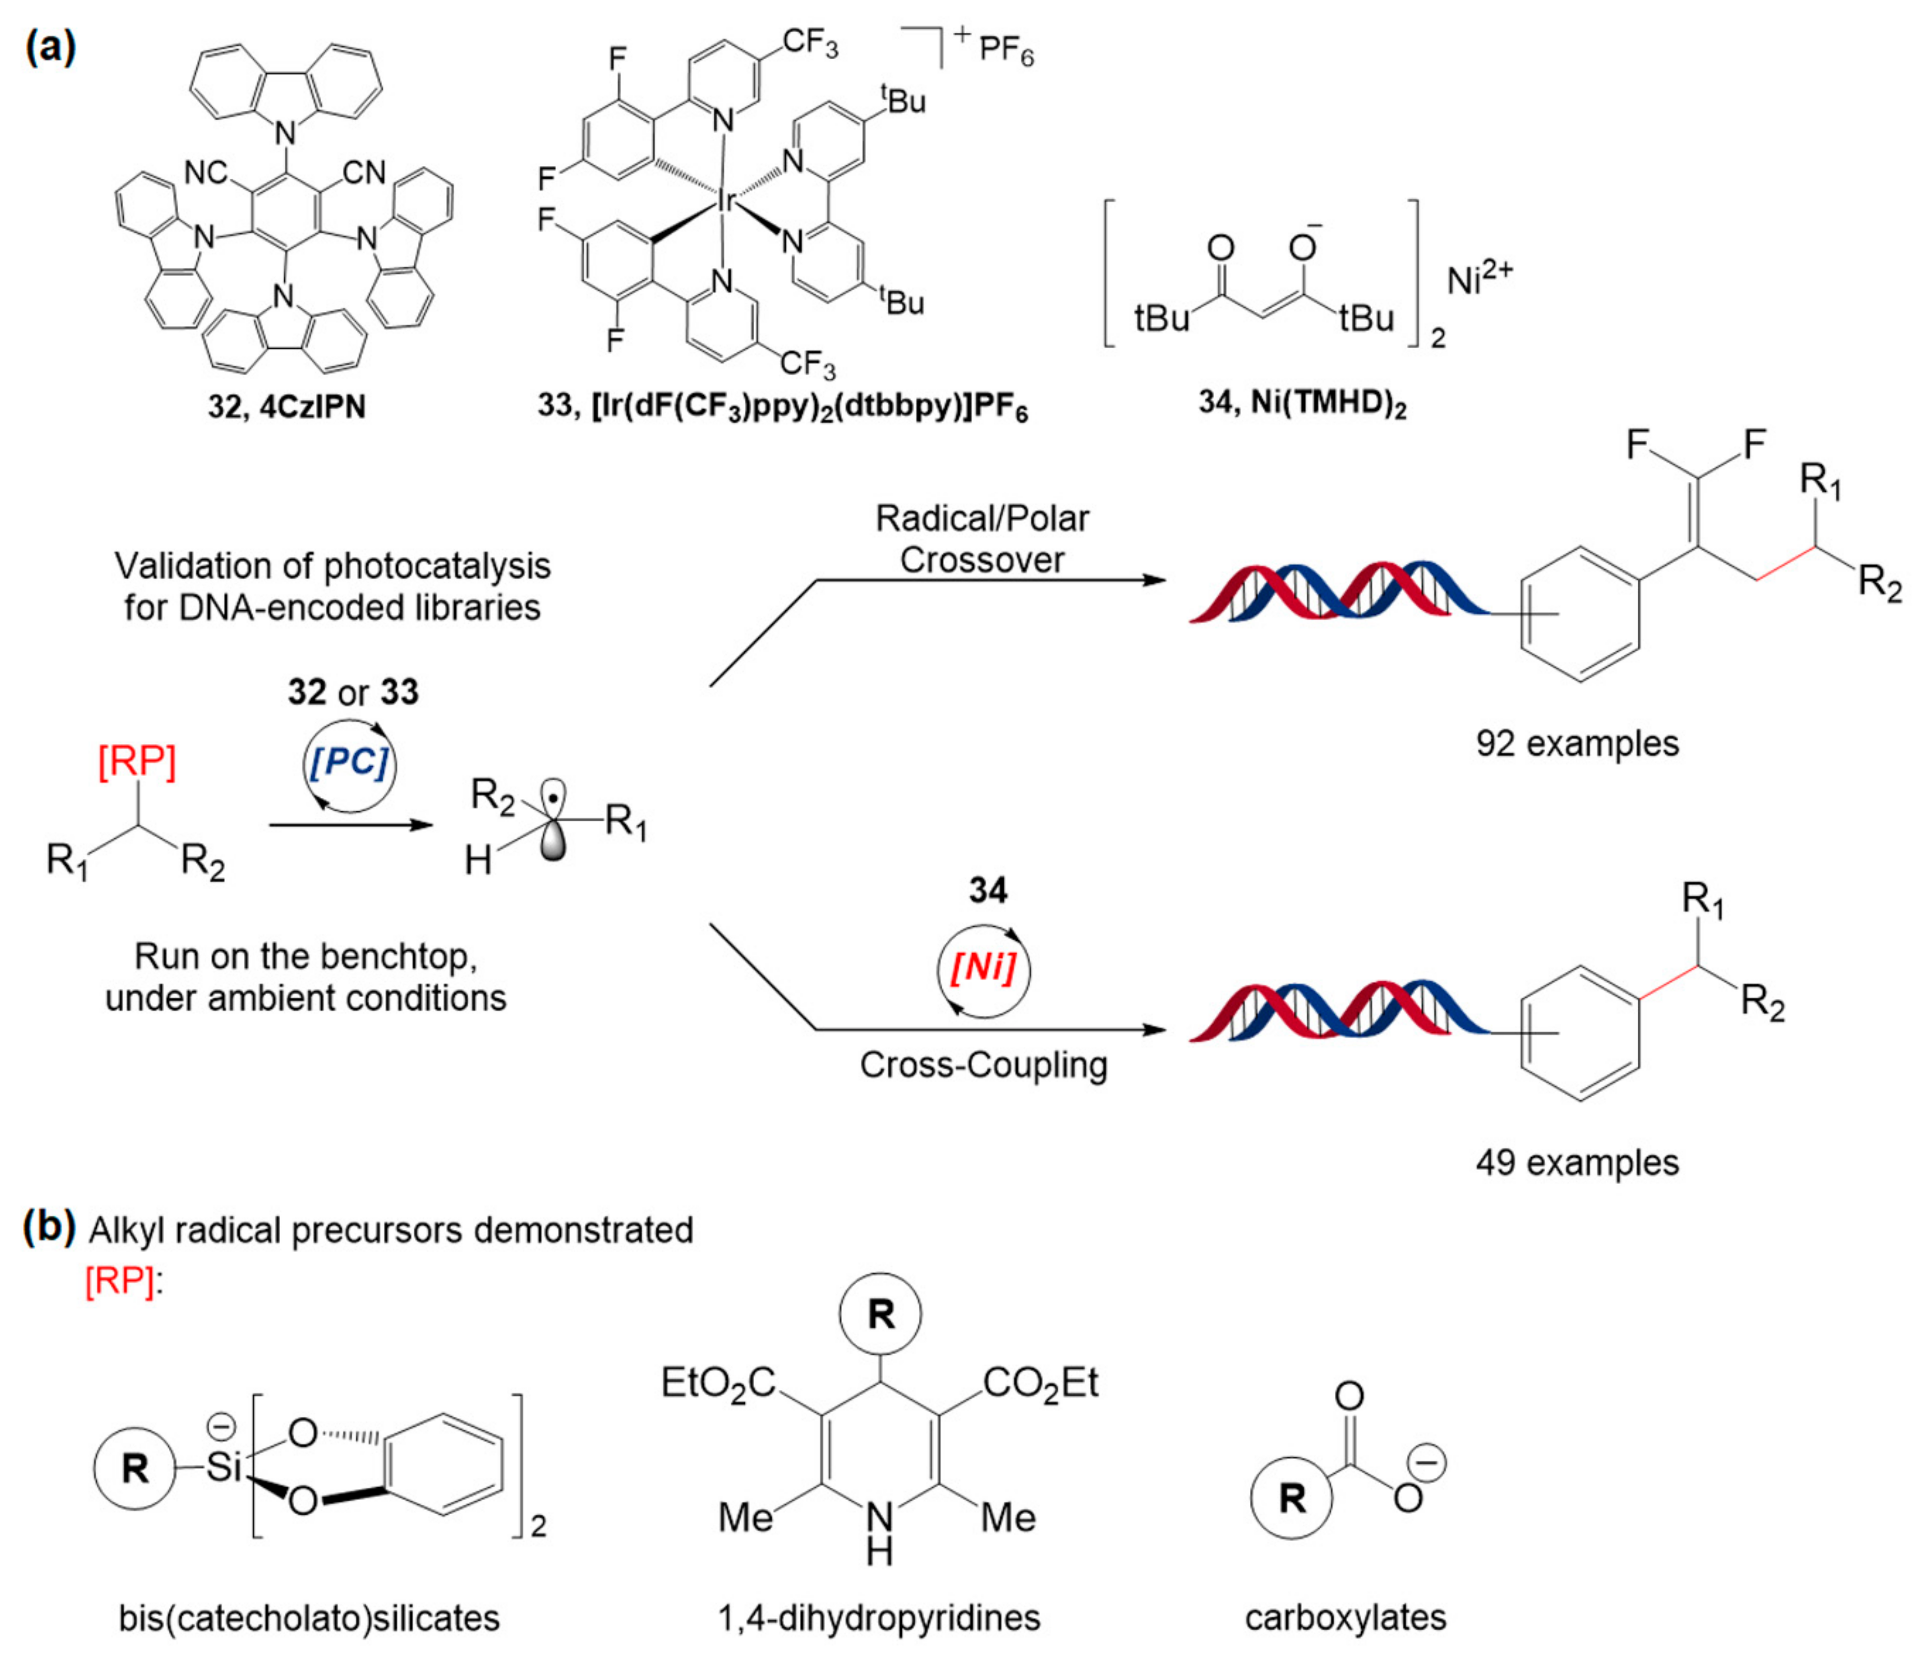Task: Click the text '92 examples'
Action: pos(1577,744)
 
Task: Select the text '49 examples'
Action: pos(1577,1162)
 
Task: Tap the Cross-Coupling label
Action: pos(983,1065)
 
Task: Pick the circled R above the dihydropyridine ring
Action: pos(880,1314)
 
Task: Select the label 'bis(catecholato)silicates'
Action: pos(309,1618)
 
